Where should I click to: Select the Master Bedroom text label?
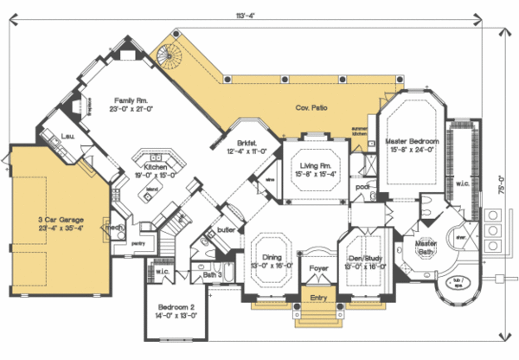(412, 141)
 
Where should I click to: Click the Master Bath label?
(426, 247)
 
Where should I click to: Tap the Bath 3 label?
(213, 275)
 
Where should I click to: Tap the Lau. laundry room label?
(67, 136)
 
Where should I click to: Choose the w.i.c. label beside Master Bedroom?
(463, 183)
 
